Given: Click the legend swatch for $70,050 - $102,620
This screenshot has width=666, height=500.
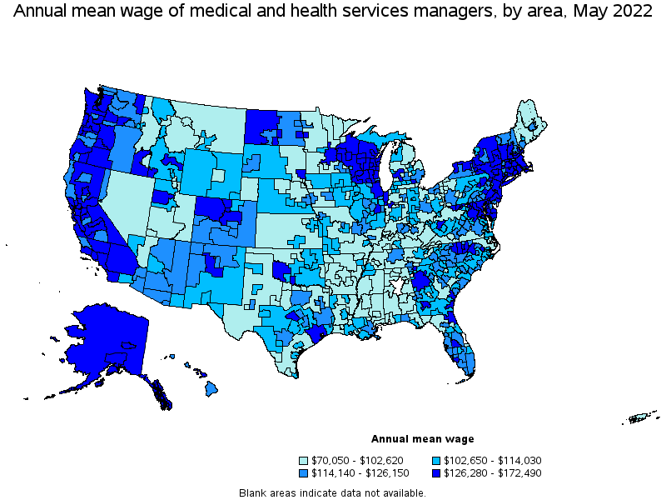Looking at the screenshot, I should point(304,460).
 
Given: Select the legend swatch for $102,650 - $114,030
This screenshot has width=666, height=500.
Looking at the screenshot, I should point(437,460).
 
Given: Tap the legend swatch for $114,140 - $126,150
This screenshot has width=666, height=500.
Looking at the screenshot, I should point(304,472).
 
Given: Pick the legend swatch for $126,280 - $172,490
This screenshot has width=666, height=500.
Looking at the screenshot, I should point(437,472).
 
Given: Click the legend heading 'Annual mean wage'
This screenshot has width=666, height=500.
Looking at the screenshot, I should point(422,439).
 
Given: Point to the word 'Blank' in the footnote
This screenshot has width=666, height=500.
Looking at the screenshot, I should point(253,492).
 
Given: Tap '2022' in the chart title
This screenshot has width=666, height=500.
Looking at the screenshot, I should point(631,12).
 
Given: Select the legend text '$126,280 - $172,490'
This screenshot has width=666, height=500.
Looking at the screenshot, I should point(483,472).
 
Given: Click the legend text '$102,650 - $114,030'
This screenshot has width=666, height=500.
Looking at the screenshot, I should point(483,460).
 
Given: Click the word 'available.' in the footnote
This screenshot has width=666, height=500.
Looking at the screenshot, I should point(406,492).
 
